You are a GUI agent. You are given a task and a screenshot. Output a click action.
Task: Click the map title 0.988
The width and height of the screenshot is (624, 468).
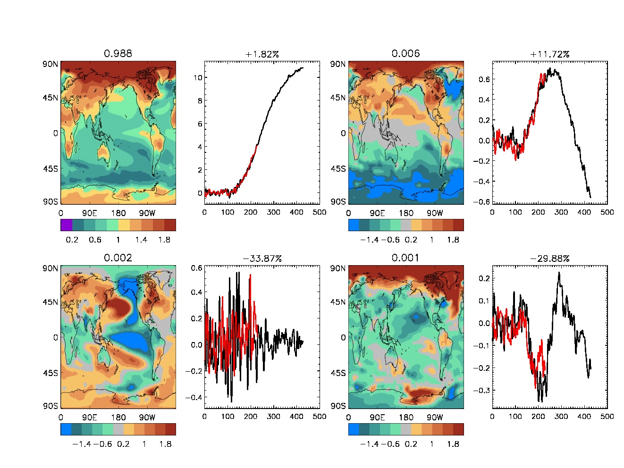tap(118, 53)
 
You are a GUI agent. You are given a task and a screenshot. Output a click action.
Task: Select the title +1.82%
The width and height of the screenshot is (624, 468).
tap(262, 54)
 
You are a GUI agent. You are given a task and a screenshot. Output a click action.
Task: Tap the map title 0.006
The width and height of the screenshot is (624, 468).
tap(405, 53)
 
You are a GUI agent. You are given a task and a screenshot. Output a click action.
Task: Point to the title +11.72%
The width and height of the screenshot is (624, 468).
tap(549, 54)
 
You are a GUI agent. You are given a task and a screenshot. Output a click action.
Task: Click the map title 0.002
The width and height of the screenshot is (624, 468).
tap(118, 258)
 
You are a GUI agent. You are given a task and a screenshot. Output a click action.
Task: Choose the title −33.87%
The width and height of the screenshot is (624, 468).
tap(262, 259)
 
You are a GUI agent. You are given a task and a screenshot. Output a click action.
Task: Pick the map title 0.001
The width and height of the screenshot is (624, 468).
tap(405, 258)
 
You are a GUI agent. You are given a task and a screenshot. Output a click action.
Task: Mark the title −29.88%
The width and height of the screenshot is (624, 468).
tap(549, 259)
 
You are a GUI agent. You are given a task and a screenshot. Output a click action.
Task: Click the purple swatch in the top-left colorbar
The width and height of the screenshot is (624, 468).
tap(66, 225)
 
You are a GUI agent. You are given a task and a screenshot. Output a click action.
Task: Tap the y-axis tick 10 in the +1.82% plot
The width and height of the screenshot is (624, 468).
tap(198, 78)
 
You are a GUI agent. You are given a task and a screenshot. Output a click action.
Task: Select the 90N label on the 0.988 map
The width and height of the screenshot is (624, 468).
tap(51, 64)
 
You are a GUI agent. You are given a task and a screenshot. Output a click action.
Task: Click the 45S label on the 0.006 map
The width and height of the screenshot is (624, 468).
tap(338, 169)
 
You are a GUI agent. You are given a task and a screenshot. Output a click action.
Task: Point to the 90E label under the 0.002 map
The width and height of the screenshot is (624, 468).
tap(89, 417)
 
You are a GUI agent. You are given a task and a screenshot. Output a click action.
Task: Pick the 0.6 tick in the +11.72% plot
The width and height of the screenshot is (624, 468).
tap(484, 79)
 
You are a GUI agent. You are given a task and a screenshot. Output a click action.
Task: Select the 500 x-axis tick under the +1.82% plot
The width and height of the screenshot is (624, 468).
tap(320, 212)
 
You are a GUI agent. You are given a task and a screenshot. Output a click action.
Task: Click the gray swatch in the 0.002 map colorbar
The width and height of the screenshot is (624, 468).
tap(118, 429)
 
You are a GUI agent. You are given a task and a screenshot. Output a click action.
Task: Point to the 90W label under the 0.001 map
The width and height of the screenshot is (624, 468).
tap(435, 417)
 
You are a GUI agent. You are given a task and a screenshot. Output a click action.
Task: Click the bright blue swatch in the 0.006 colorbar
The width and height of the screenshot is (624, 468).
tap(354, 225)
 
